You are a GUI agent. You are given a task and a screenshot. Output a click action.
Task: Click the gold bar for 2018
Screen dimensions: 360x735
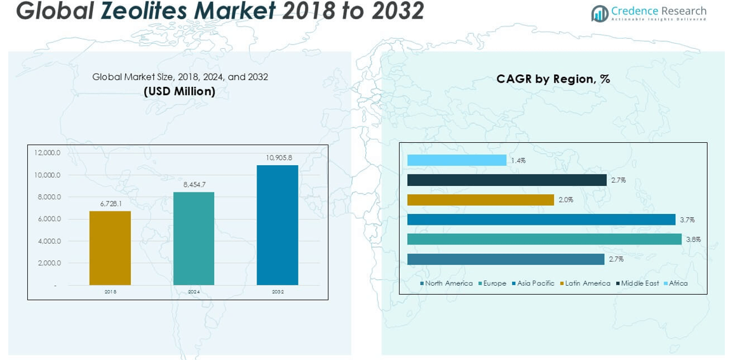coord(110,248)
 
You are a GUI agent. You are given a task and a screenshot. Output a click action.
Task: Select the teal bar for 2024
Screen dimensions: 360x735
coord(194,238)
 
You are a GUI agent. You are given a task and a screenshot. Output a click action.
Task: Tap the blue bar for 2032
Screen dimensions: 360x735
coord(278,225)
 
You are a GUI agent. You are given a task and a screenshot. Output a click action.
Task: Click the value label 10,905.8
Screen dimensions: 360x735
coord(278,157)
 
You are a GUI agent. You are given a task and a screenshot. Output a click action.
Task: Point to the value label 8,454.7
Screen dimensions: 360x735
coord(194,184)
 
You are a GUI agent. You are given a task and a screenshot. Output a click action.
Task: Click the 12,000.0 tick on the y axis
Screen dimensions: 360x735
coord(48,153)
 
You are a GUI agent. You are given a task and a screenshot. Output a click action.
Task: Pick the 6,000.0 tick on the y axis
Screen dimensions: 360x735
coord(49,219)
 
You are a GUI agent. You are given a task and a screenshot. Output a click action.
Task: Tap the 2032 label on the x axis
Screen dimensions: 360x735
coord(278,292)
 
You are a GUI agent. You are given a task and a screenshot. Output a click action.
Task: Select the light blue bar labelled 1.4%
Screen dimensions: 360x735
coord(457,160)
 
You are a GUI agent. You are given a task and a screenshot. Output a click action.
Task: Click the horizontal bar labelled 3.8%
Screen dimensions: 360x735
coord(544,239)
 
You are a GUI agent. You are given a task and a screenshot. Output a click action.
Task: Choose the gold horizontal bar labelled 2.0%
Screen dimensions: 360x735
coord(480,199)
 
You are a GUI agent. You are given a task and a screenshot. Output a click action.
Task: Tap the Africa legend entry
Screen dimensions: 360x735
coord(678,283)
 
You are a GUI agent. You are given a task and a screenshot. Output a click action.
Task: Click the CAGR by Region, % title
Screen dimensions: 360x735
coord(553,79)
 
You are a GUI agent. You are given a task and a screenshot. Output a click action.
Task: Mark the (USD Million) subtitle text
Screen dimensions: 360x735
coord(179,91)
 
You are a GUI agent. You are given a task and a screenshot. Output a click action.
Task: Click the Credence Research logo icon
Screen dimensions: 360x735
coord(599,13)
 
